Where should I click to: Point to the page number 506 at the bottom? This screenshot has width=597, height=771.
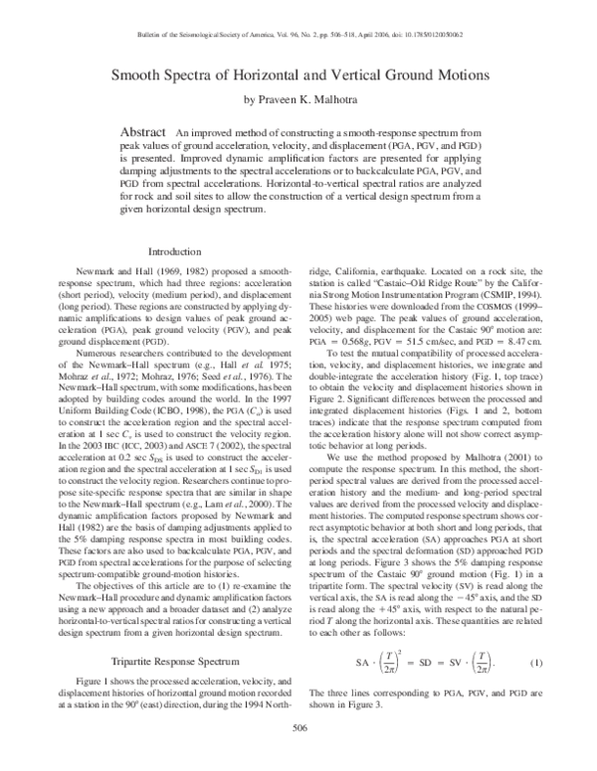pyautogui.click(x=298, y=729)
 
